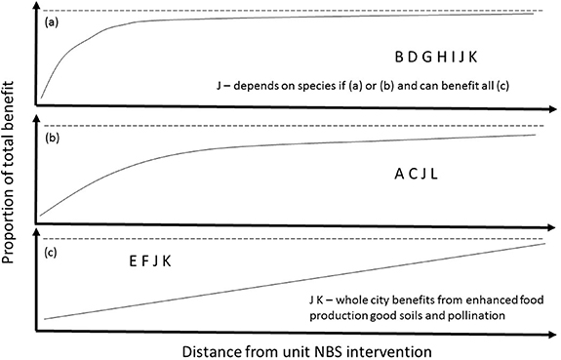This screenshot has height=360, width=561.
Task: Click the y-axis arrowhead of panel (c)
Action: tap(36, 231)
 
